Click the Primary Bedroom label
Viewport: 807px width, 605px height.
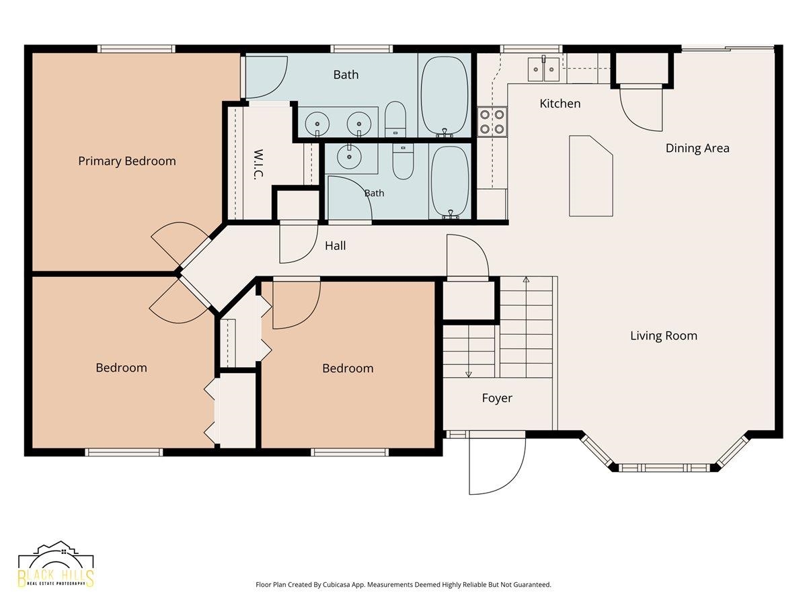(x=127, y=161)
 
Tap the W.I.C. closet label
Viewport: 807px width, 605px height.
(x=258, y=164)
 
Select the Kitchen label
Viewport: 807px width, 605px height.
(x=560, y=104)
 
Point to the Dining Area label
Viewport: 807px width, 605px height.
(x=697, y=148)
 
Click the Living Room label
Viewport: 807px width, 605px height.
(x=664, y=335)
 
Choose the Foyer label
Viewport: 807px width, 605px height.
(x=497, y=398)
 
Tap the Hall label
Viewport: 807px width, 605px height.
(x=336, y=246)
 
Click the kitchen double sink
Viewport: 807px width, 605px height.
(x=543, y=69)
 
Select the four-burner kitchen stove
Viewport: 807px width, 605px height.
(x=492, y=122)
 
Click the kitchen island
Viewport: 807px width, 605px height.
(x=591, y=175)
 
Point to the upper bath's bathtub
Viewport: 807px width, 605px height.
(x=445, y=95)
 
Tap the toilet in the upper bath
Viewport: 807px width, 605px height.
(x=395, y=119)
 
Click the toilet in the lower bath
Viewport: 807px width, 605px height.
(x=403, y=161)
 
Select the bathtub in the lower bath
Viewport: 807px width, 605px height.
(x=450, y=182)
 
